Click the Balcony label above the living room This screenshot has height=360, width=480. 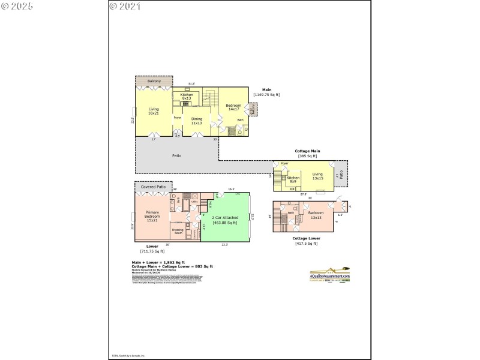point(154,81)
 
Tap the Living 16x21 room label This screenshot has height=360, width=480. point(154,111)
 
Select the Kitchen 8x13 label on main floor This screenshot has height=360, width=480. point(186,96)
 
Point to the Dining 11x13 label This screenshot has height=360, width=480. point(197,121)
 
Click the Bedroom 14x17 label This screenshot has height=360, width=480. point(233,107)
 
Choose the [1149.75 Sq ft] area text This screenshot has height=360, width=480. point(266,95)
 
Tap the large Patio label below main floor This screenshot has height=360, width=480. point(176,156)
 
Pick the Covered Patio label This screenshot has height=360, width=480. point(153,187)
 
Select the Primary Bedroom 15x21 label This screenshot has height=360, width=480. point(152,216)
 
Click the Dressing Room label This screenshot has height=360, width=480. point(178,230)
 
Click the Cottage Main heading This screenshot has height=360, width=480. point(307,151)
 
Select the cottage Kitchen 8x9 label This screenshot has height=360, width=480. point(293,179)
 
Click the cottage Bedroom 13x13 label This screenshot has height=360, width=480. point(316,215)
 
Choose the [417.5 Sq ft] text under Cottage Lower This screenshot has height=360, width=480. point(307,243)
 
